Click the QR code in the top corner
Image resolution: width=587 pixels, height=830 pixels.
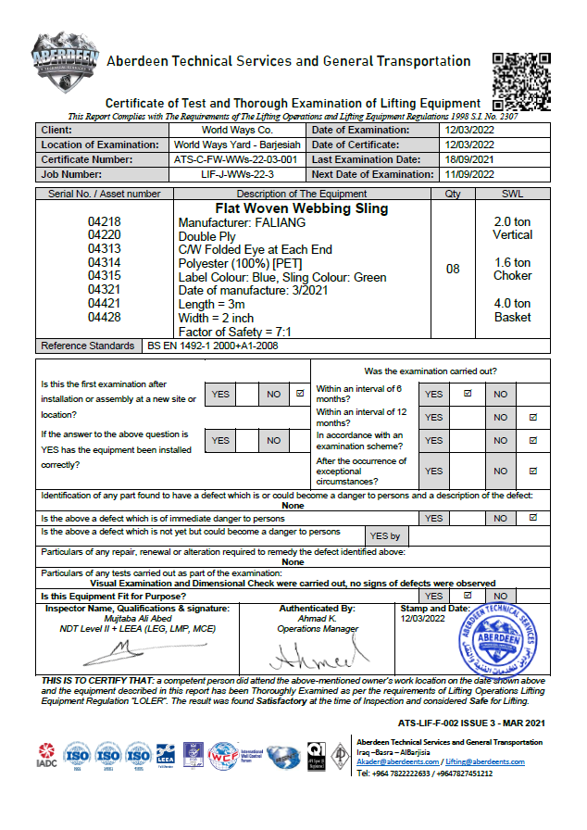pyautogui.click(x=522, y=81)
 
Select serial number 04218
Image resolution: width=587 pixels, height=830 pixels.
pyautogui.click(x=105, y=223)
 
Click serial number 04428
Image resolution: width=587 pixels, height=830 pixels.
pyautogui.click(x=105, y=317)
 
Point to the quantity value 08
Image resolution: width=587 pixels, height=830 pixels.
pyautogui.click(x=453, y=270)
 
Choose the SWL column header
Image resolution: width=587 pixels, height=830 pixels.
pyautogui.click(x=512, y=194)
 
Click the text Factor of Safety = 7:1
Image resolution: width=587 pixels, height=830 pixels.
pyautogui.click(x=235, y=332)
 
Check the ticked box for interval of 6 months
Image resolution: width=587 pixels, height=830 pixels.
pyautogui.click(x=467, y=394)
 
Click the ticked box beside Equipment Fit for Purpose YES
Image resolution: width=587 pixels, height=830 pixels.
pyautogui.click(x=467, y=596)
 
